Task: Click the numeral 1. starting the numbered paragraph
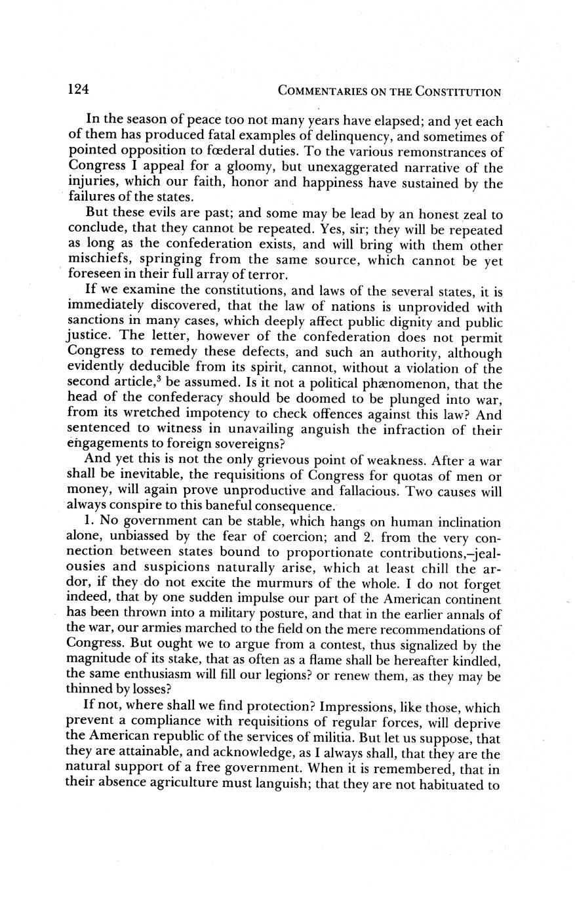tap(90, 523)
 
